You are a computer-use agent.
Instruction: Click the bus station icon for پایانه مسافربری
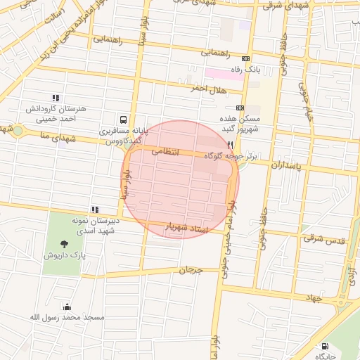pyautogui.click(x=124, y=120)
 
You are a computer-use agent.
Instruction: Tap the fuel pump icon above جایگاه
pyautogui.click(x=324, y=346)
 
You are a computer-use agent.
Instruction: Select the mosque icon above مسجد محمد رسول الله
pyautogui.click(x=67, y=307)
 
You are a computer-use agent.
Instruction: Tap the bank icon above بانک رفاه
pyautogui.click(x=245, y=59)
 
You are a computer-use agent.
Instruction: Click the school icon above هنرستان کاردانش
pyautogui.click(x=56, y=98)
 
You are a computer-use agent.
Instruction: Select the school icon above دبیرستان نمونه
pyautogui.click(x=94, y=210)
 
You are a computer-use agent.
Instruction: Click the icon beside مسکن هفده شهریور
pyautogui.click(x=240, y=108)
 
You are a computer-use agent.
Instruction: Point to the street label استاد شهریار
pyautogui.click(x=188, y=227)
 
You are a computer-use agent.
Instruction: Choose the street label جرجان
pyautogui.click(x=191, y=270)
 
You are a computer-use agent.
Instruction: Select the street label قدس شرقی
pyautogui.click(x=325, y=239)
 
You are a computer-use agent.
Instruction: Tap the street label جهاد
pyautogui.click(x=314, y=298)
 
